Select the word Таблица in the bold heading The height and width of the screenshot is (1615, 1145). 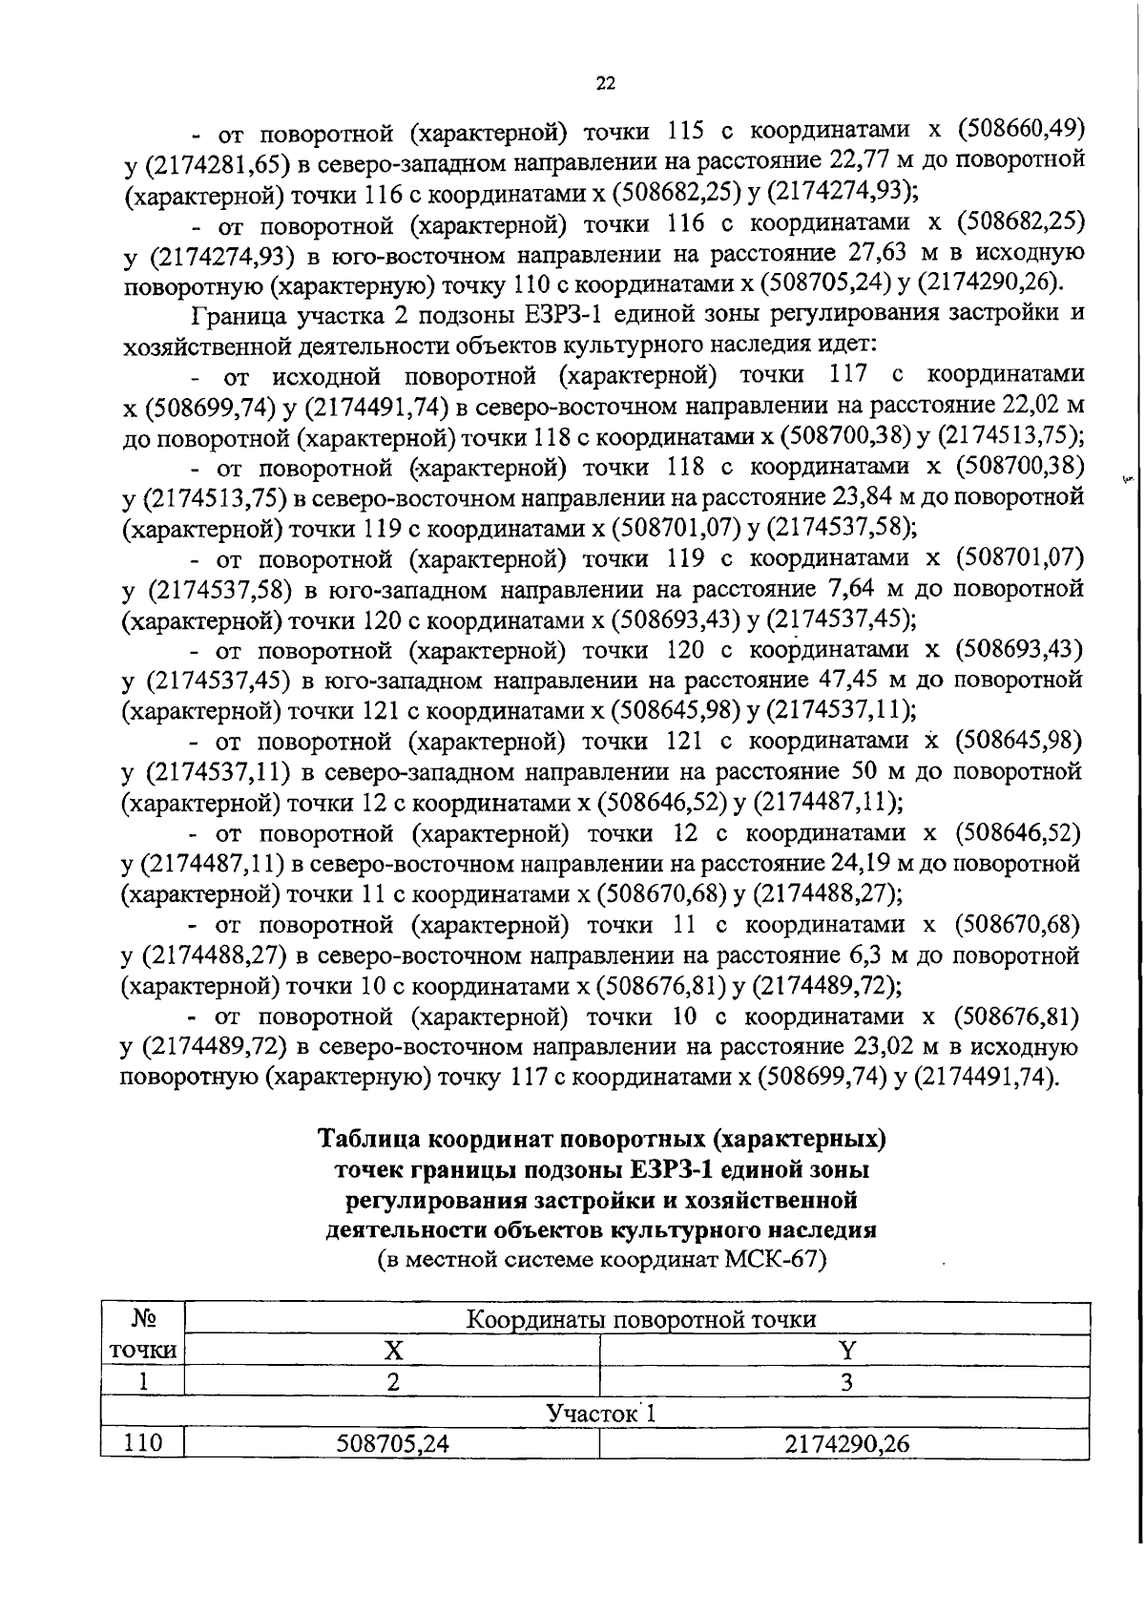coord(370,1140)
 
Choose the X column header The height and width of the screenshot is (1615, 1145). coord(392,1350)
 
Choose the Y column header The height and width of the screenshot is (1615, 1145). coord(845,1350)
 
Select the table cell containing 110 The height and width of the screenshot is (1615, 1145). coord(143,1444)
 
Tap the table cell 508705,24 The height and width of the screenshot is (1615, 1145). coord(392,1444)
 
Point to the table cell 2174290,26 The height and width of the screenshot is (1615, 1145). coord(845,1444)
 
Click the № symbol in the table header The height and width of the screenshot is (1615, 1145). coord(143,1319)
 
